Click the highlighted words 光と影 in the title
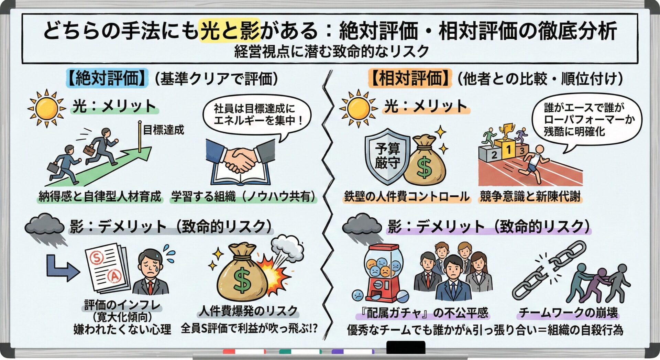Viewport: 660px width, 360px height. click(x=230, y=30)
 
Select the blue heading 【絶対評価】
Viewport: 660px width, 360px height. click(x=107, y=78)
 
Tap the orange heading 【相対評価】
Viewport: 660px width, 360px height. click(x=410, y=78)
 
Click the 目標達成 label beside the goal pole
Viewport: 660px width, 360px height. click(x=163, y=130)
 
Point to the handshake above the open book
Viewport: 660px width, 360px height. click(x=241, y=160)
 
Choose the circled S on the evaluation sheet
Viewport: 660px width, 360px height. click(x=97, y=257)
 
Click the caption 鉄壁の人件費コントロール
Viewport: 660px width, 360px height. click(x=406, y=197)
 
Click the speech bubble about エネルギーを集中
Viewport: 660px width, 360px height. click(x=256, y=115)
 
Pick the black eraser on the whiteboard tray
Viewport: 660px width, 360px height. click(x=406, y=347)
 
